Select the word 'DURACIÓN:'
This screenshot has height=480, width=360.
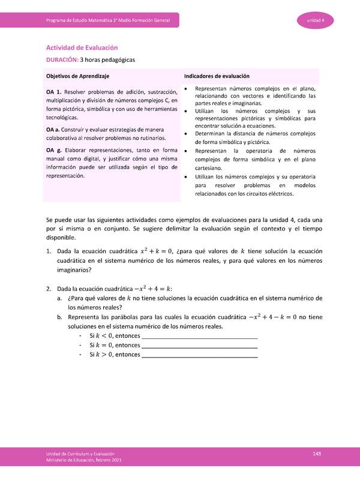coord(62,60)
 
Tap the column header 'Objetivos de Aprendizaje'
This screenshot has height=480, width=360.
coord(77,76)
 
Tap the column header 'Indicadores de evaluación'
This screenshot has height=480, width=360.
coord(217,76)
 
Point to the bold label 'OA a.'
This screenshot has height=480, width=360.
coord(54,130)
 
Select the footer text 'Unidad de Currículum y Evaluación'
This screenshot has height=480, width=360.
coord(80,454)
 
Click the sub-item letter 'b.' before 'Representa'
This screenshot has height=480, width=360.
coord(59,317)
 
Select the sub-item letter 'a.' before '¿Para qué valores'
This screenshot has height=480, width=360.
coord(59,298)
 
